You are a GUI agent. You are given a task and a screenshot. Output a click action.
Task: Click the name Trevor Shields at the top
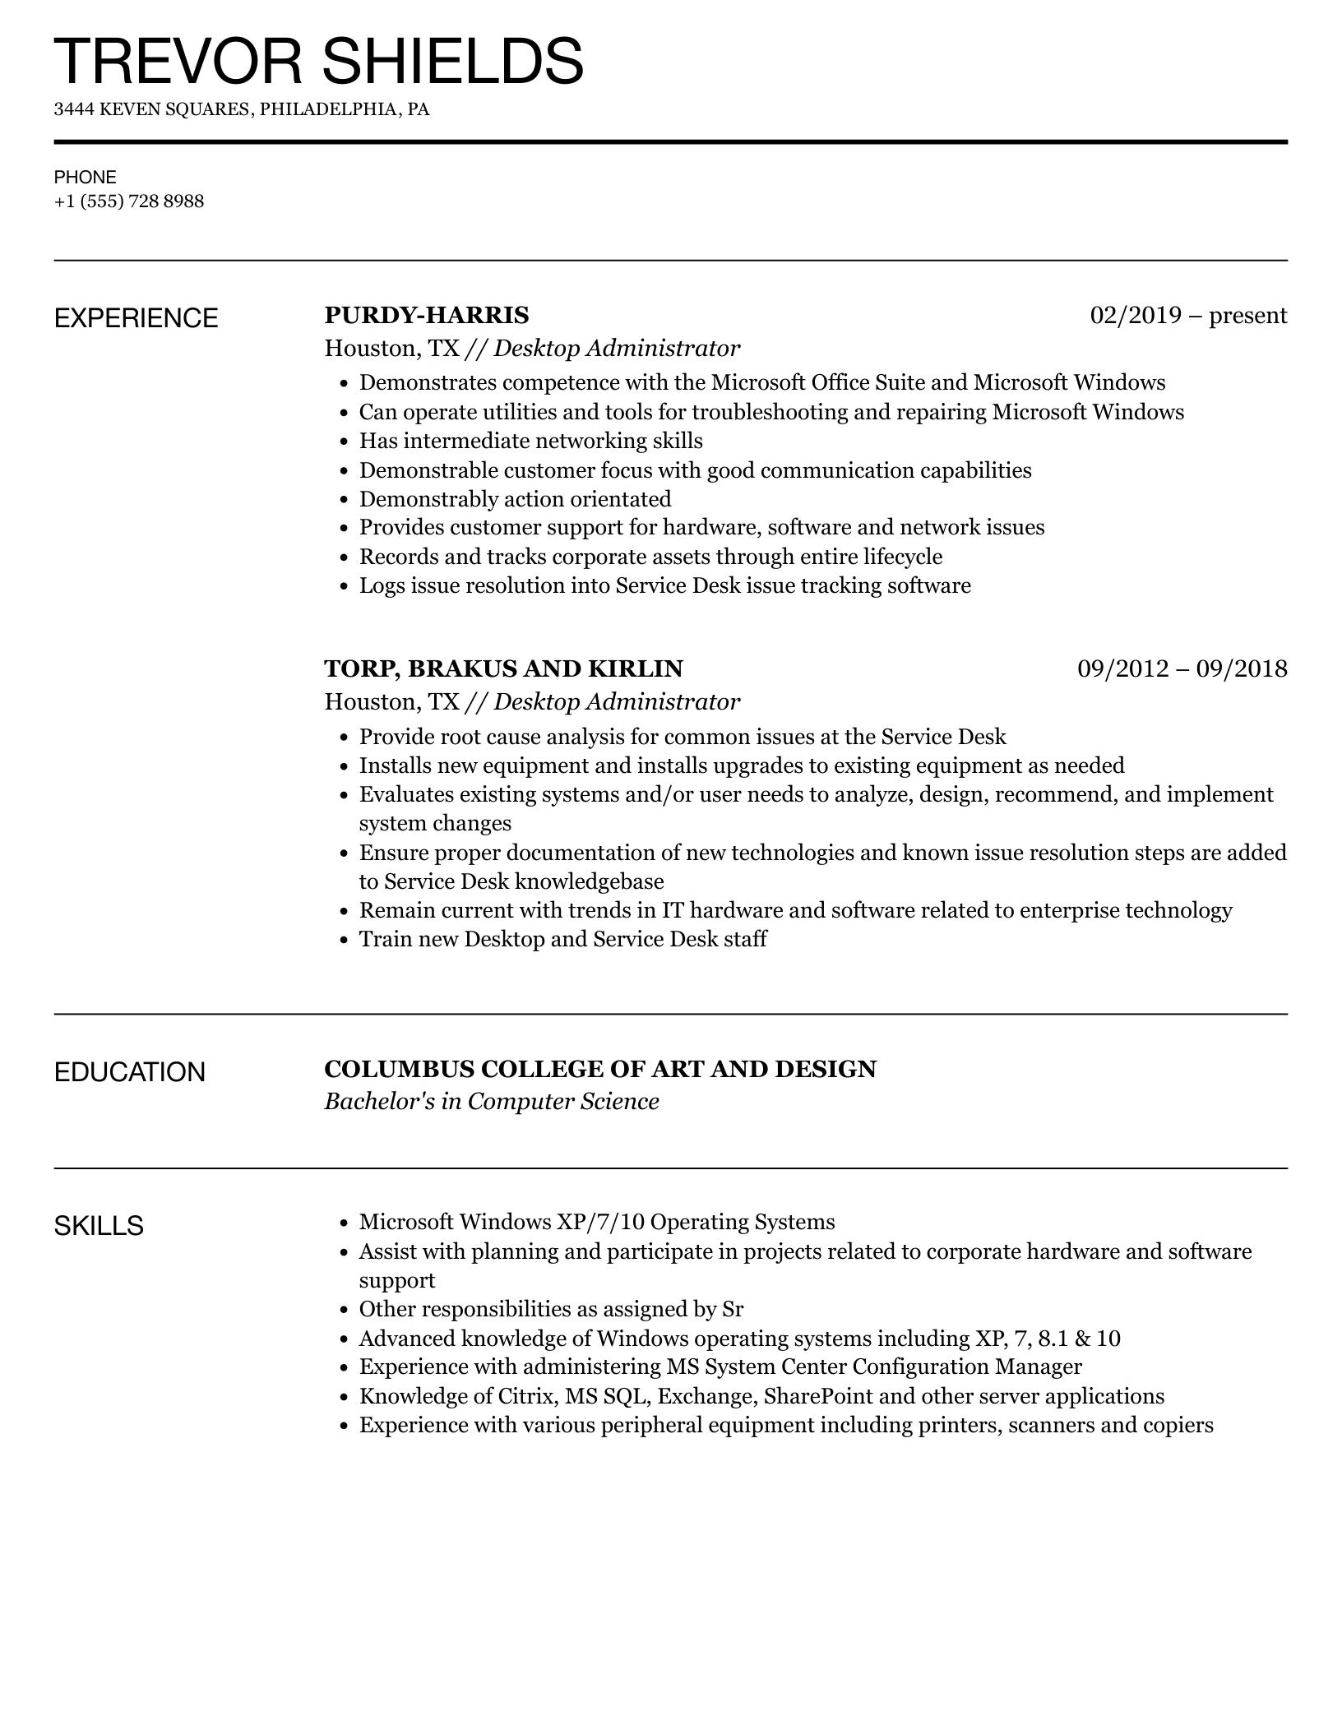pos(318,62)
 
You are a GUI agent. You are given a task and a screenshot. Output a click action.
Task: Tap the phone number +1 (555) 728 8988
pos(129,201)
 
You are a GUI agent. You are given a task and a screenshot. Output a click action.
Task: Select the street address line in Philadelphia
pos(242,109)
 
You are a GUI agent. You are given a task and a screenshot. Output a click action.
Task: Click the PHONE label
pos(86,177)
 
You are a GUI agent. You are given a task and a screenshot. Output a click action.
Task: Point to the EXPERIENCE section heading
pos(137,318)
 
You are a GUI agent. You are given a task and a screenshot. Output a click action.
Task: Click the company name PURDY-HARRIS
pos(427,315)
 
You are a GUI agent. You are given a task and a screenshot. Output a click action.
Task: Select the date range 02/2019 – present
pos(1188,315)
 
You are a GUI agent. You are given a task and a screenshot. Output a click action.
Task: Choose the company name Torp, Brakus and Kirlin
pos(503,668)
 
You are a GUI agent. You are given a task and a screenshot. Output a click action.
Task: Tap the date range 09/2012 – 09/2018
pos(1182,668)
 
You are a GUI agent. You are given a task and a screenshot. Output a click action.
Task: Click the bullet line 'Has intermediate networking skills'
pos(530,441)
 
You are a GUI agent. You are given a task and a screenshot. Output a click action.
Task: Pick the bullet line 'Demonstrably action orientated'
pos(515,499)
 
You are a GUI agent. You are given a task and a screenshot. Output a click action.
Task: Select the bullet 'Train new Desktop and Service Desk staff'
pos(562,939)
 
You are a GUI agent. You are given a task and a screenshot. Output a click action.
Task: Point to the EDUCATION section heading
pos(130,1072)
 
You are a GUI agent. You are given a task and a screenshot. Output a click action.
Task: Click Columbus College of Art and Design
pos(600,1069)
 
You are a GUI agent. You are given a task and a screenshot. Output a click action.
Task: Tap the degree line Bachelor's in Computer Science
pos(492,1102)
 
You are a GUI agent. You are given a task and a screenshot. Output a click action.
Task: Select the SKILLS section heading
pos(99,1226)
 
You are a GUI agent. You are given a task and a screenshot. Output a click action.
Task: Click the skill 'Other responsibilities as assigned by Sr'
pos(551,1309)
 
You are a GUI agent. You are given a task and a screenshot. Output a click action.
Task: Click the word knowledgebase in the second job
pos(589,881)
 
